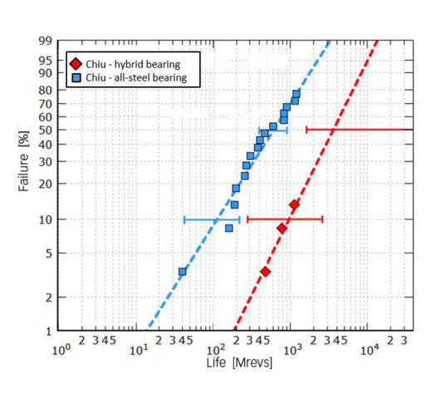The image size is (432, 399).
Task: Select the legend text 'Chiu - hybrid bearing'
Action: click(x=132, y=63)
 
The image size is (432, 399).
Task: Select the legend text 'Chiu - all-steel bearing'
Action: click(x=136, y=77)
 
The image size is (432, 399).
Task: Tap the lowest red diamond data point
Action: click(x=265, y=272)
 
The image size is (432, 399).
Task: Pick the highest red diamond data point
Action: click(x=294, y=204)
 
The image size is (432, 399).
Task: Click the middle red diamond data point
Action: click(x=282, y=228)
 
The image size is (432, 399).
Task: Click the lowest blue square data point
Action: click(x=182, y=272)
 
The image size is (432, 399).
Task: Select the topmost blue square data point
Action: click(x=297, y=94)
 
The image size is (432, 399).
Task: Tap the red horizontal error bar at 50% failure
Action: click(x=357, y=130)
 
